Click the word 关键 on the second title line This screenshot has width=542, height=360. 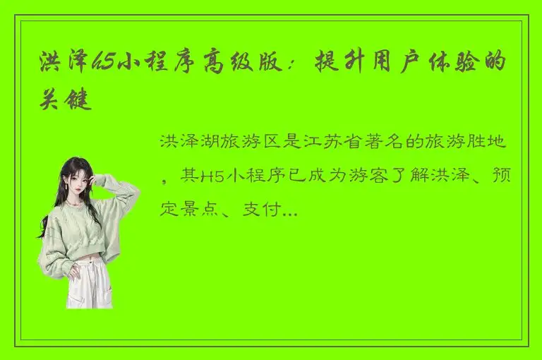(x=65, y=100)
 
